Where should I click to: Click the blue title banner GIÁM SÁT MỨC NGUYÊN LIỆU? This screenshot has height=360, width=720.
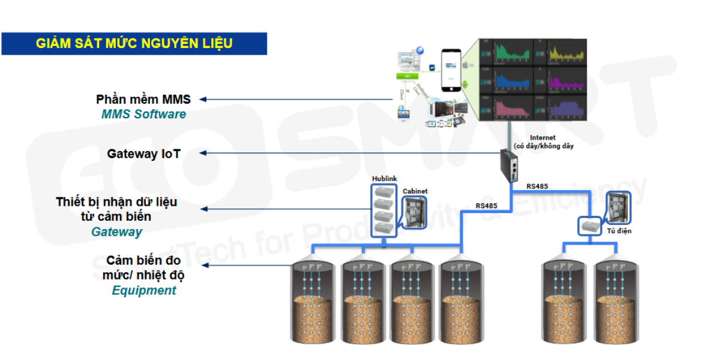(x=134, y=44)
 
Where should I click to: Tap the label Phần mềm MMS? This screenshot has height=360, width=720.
(x=143, y=100)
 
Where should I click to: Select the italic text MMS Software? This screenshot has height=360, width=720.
(x=143, y=114)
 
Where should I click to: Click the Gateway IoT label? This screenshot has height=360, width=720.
(x=143, y=154)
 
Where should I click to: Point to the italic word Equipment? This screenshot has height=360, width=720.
(x=144, y=290)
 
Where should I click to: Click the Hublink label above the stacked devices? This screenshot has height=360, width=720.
(x=384, y=179)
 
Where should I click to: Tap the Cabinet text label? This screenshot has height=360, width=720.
(x=415, y=191)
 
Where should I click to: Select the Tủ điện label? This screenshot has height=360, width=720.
(x=619, y=231)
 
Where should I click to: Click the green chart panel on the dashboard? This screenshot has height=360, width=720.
(x=509, y=52)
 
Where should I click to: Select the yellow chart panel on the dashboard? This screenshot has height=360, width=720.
(x=563, y=52)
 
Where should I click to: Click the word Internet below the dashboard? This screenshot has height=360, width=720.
(x=542, y=138)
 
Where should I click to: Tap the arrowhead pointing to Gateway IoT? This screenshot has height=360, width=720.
(x=203, y=154)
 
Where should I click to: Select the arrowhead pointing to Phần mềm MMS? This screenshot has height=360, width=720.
(x=203, y=100)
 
